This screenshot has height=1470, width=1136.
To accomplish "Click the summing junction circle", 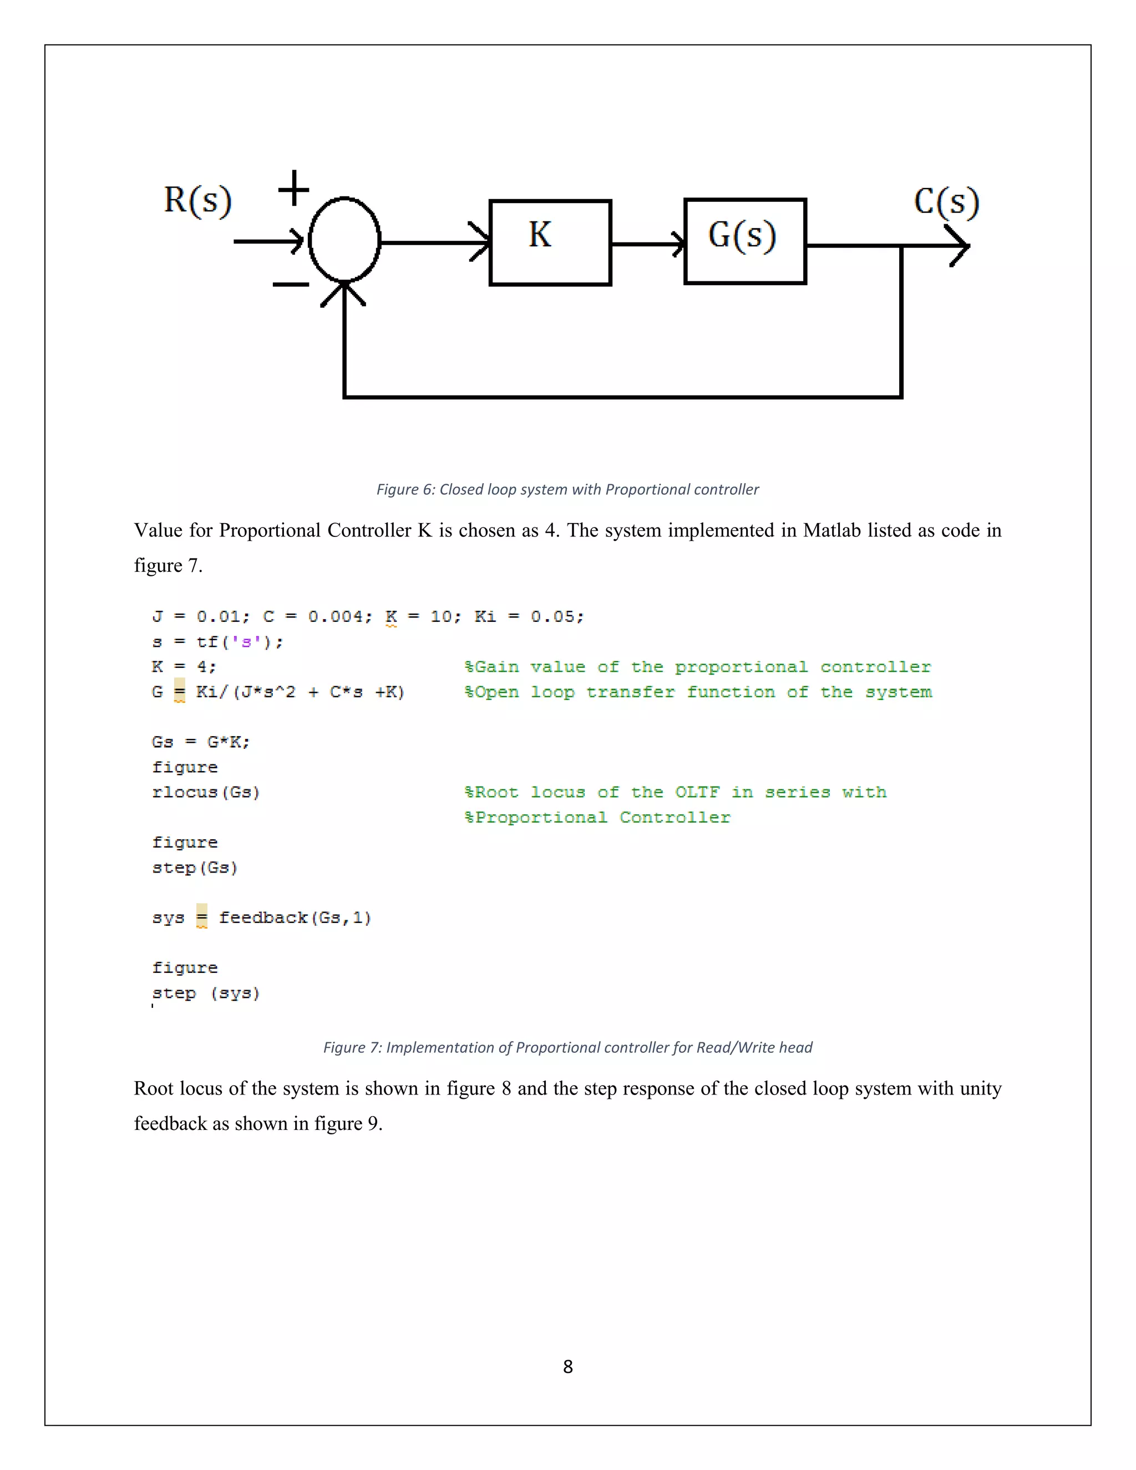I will (344, 240).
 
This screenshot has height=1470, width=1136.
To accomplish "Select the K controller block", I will (550, 242).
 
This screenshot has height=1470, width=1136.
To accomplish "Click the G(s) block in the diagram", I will (744, 241).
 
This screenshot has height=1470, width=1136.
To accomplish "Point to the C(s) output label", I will (946, 202).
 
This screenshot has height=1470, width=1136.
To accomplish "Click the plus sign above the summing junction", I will (294, 188).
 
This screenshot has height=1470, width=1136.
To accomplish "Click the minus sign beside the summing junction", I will (290, 285).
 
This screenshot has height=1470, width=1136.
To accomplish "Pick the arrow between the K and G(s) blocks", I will (647, 243).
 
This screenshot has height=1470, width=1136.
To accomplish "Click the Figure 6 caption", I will (567, 489).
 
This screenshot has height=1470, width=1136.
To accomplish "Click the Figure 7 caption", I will (567, 1047).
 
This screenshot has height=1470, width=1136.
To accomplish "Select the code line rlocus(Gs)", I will (206, 792).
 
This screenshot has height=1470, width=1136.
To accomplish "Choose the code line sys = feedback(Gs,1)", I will (262, 918).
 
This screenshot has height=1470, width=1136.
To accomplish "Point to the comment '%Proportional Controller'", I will (597, 818).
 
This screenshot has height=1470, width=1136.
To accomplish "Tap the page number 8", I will (568, 1366).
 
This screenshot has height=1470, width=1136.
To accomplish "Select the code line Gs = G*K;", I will (201, 742).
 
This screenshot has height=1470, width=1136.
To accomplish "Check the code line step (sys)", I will (206, 993).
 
